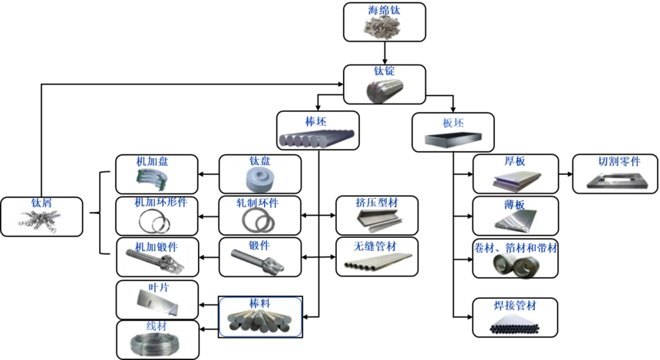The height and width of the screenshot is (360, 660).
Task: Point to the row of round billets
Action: (x=317, y=139)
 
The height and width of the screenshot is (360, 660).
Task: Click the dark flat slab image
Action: (x=452, y=139)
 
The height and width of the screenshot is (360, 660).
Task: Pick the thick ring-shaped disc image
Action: (x=256, y=179)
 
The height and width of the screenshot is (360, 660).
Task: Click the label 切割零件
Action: (x=618, y=162)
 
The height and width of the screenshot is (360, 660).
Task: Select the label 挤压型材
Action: (x=376, y=203)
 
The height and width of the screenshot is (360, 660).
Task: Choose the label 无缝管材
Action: (x=375, y=246)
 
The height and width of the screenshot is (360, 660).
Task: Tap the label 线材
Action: (x=156, y=326)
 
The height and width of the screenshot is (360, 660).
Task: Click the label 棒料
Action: (x=260, y=303)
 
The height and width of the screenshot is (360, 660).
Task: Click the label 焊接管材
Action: (x=516, y=306)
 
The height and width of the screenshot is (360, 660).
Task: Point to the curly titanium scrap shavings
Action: (x=39, y=221)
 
